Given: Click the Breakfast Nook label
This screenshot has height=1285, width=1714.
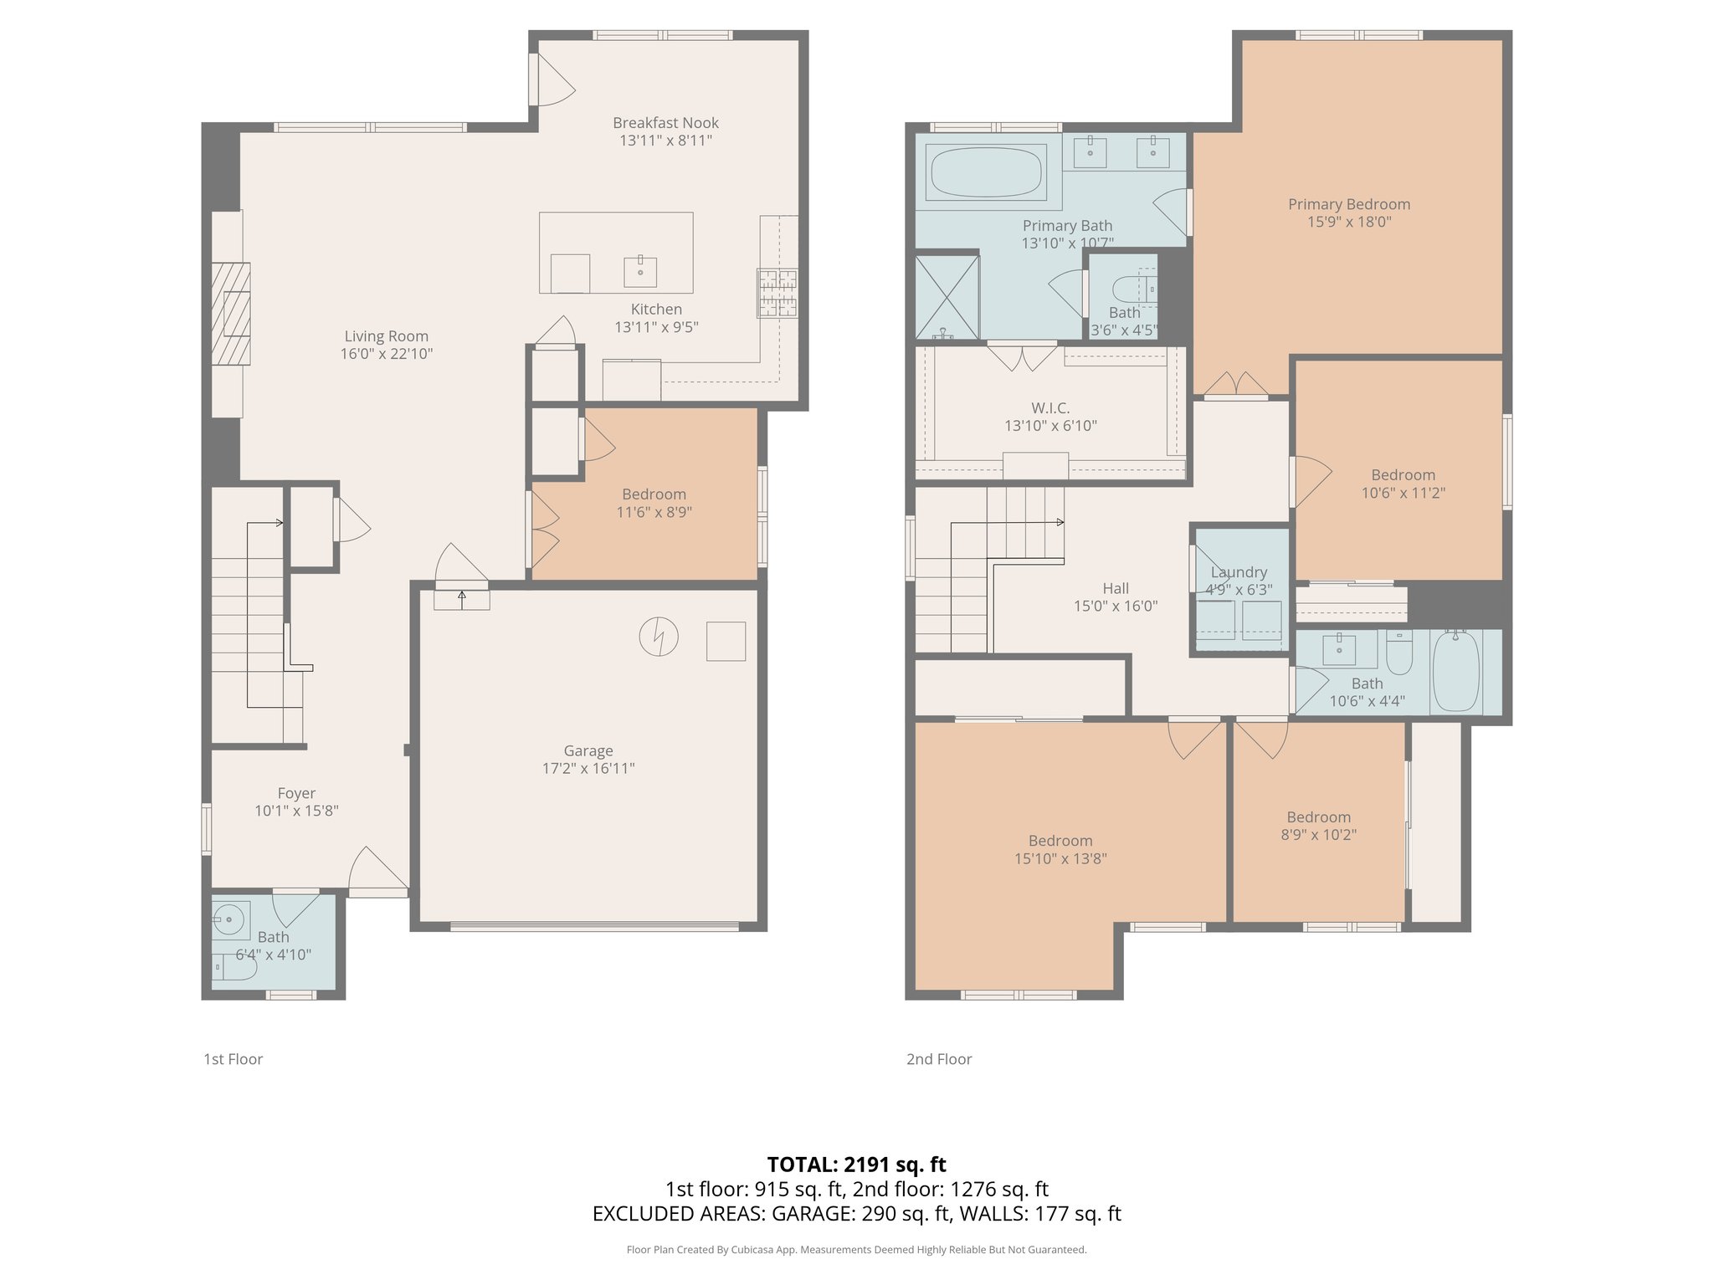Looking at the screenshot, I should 665,123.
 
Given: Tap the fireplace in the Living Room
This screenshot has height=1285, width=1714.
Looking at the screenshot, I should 231,314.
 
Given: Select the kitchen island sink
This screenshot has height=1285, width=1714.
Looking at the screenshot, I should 640,271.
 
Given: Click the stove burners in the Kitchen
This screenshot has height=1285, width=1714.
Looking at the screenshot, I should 777,293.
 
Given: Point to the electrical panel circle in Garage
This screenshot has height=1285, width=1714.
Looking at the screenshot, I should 659,637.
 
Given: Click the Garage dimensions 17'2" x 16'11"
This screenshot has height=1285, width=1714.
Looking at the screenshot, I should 588,769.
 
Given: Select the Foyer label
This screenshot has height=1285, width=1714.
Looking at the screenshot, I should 296,793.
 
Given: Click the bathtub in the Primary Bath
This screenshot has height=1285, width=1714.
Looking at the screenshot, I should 985,172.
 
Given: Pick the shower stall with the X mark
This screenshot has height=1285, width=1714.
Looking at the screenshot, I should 947,296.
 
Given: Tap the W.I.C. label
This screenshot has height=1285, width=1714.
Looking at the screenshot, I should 1050,408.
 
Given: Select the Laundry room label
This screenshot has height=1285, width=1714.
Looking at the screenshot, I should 1239,572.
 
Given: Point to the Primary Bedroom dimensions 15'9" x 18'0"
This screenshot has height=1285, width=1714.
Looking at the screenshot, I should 1349,223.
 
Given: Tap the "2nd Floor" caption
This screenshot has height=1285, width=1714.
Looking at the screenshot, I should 939,1059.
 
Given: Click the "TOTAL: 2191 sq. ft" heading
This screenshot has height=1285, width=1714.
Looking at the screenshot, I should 856,1165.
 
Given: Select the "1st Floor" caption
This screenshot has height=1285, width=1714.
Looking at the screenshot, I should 233,1059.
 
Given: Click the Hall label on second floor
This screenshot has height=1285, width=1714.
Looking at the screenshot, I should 1115,588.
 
